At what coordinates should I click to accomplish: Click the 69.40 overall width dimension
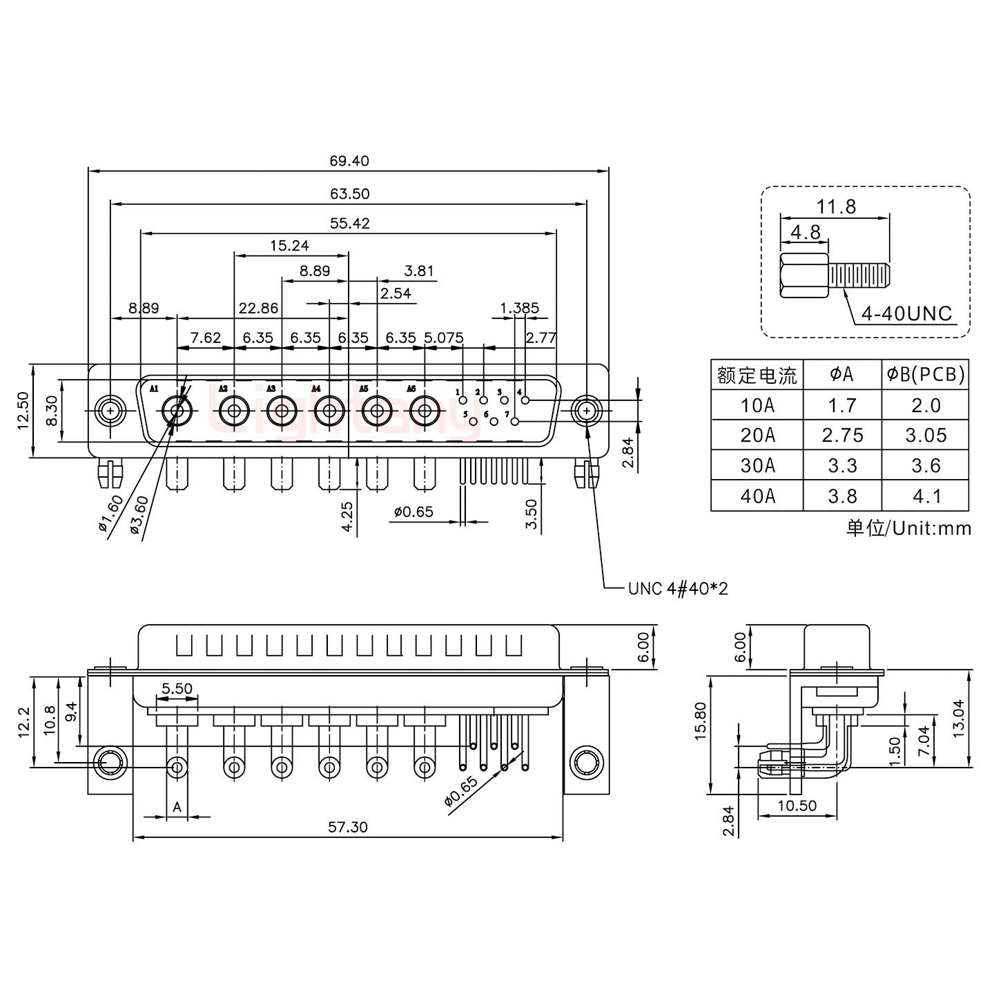coord(349,161)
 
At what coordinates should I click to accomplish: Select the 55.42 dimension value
coord(349,223)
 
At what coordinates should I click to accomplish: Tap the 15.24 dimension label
coord(289,245)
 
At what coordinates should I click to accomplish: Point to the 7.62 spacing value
coord(206,338)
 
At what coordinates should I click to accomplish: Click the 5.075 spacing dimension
coord(443,338)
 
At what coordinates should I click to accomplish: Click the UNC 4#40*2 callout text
coord(678,588)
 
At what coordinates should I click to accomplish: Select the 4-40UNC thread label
coord(906,314)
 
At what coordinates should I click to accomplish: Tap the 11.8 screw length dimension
coord(836,206)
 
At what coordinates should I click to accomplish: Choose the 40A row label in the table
coord(757,496)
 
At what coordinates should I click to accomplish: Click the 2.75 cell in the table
coord(842,436)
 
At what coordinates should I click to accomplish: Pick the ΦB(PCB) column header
coord(925,375)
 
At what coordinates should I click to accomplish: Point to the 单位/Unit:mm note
coord(908,528)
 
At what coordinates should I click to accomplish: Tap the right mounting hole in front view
coord(586,411)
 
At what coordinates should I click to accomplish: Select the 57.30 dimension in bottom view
coord(348,826)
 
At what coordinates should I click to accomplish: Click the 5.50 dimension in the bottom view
coord(177,688)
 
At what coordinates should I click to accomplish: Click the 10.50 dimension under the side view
coord(797,806)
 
